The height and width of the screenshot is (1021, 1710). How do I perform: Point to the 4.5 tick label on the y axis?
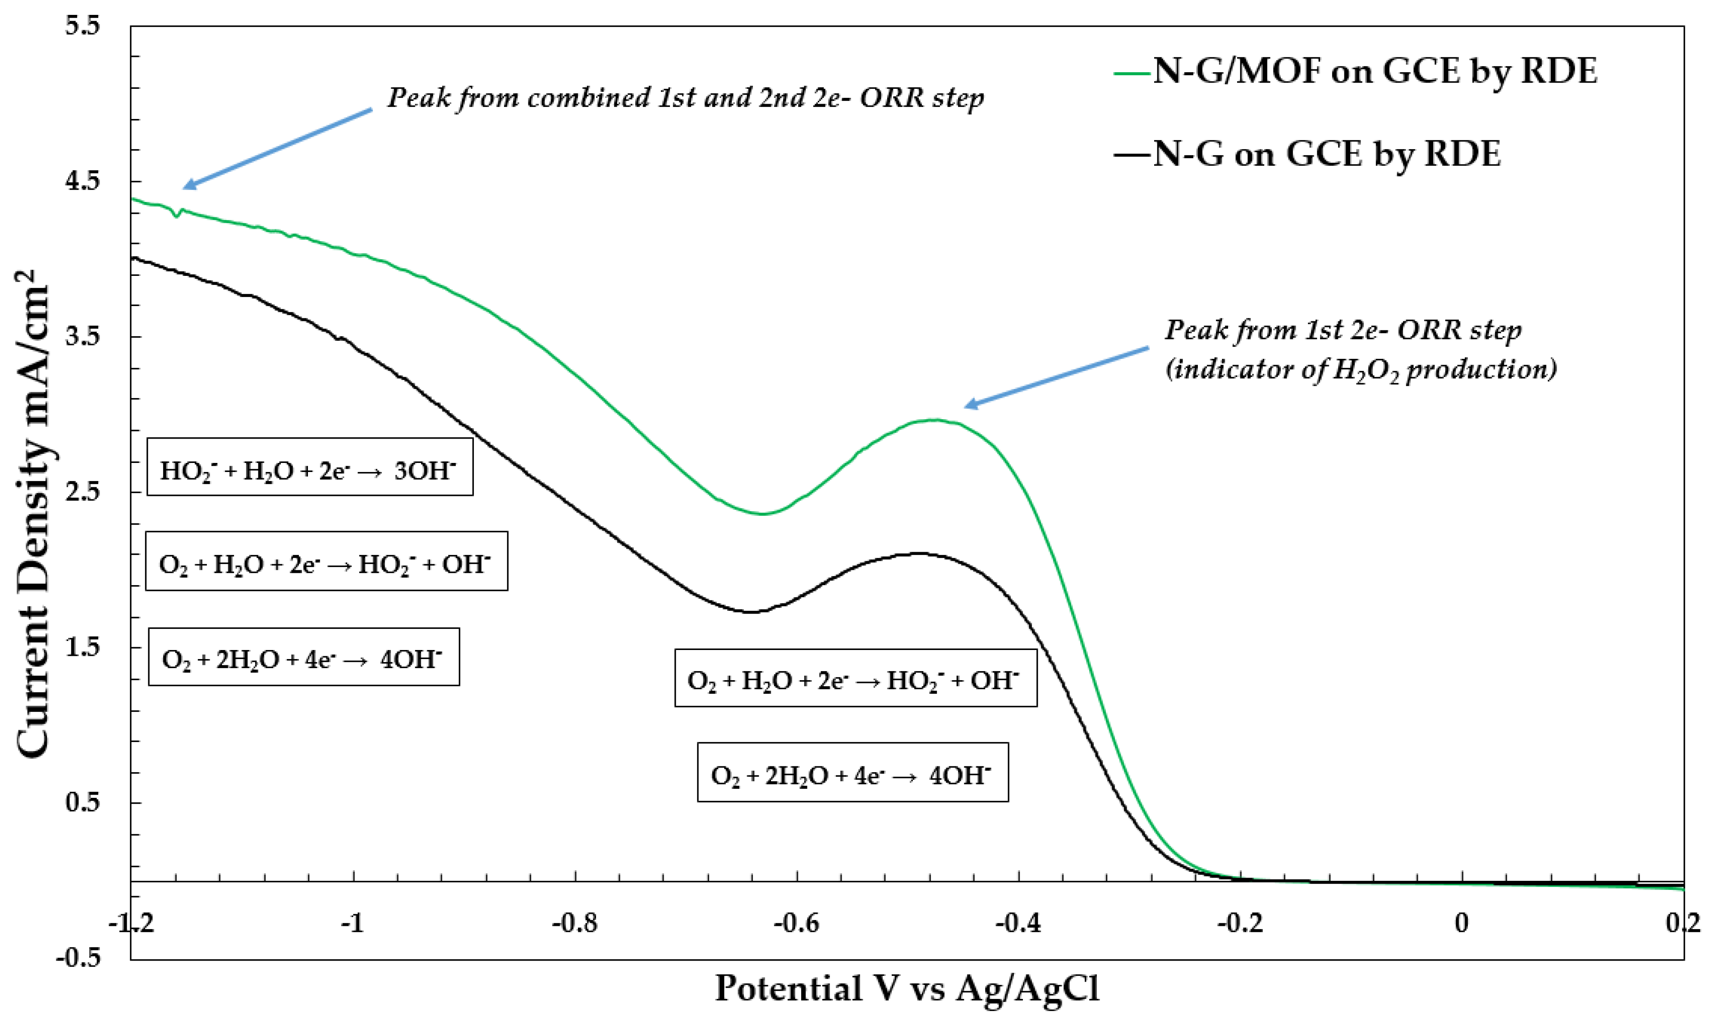83,181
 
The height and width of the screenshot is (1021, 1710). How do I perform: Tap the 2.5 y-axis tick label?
83,492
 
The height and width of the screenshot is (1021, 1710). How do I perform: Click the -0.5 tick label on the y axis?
78,958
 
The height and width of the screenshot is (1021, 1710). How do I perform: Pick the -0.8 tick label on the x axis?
575,923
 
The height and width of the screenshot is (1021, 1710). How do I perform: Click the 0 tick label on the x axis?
1462,923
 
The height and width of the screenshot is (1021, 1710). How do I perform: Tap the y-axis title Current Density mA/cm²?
33,513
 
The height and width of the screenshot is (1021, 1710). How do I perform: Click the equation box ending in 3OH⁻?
310,467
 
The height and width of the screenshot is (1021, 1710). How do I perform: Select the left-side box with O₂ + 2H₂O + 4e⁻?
303,657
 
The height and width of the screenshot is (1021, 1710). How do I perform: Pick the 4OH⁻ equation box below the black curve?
852,772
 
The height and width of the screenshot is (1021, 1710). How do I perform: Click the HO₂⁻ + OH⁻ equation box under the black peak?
855,678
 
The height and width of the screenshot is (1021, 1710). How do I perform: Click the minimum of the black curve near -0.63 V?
752,612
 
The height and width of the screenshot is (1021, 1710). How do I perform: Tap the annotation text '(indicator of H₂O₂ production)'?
1361,370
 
